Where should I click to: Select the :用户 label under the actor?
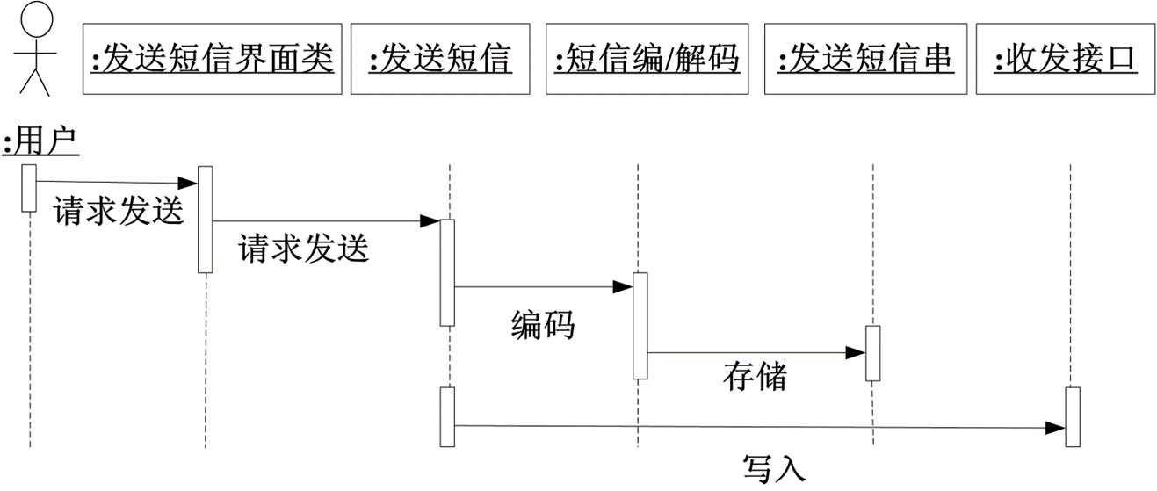41,142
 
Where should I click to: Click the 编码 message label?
543,326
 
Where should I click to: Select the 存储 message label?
755,377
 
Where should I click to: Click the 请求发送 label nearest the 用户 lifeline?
119,212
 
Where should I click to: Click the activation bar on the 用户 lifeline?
29,188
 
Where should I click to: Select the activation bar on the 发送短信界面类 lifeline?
205,220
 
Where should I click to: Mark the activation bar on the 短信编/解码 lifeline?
640,326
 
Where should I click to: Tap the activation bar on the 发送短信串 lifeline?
872,353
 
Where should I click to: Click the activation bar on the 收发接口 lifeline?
1072,416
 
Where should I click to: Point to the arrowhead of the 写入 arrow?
1055,428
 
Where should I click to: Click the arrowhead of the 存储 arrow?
857,353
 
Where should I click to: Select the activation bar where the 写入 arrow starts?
446,416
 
